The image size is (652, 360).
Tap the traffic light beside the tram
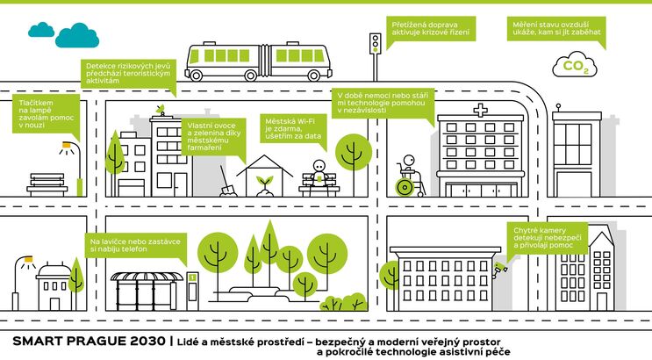tap(376, 43)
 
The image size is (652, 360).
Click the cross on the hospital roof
tap(479, 112)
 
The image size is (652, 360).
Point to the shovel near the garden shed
tap(228, 184)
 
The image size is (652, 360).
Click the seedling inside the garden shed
tap(263, 182)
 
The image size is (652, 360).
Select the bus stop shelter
tap(147, 289)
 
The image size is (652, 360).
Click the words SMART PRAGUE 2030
tap(84, 339)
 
